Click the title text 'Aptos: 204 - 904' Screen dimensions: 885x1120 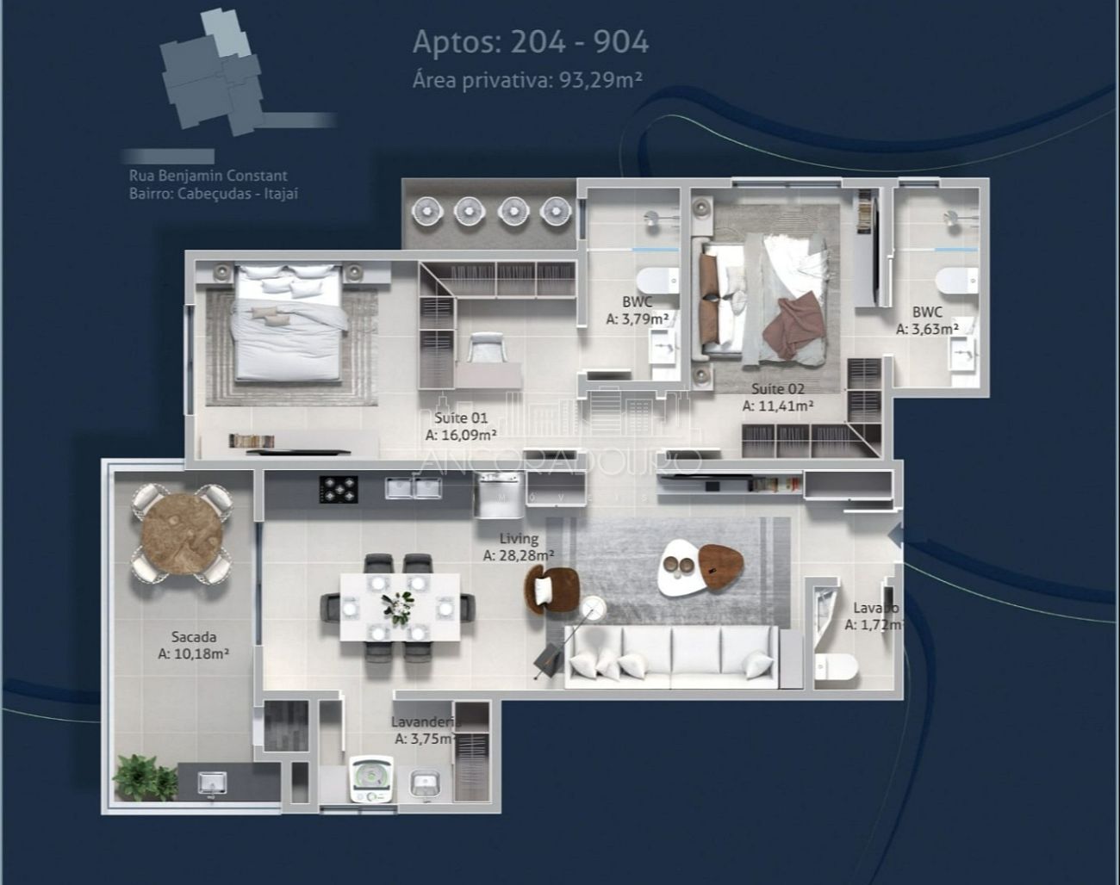531,41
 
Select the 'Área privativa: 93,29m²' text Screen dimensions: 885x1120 527,80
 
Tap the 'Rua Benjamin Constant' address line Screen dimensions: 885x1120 208,176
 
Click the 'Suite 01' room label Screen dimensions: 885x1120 461,418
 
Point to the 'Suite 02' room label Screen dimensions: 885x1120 777,389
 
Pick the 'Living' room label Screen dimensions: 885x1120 519,539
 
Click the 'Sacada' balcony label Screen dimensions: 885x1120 194,637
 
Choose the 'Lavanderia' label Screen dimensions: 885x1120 425,722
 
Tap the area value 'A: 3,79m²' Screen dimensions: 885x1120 638,319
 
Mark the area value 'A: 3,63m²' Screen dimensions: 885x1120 927,329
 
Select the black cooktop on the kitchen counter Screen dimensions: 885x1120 339,489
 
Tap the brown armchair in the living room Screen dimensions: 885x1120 551,589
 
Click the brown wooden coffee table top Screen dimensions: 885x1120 720,564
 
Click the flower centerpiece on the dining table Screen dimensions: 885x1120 398,606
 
